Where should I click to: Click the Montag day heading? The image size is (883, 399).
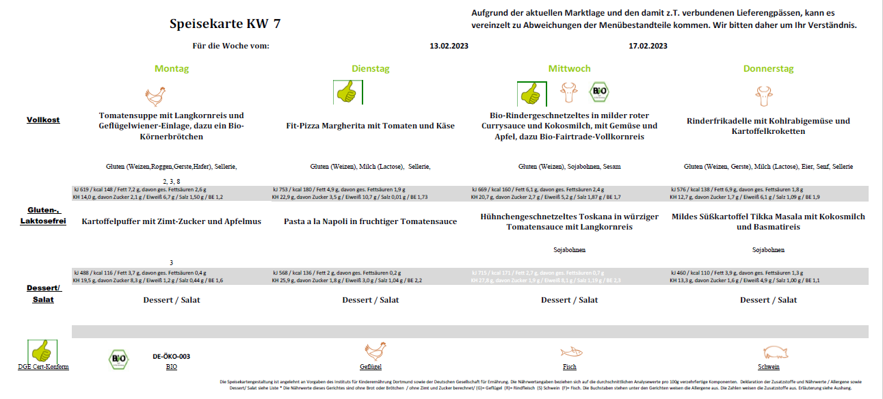point(172,69)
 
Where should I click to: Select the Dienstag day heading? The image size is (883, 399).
point(370,69)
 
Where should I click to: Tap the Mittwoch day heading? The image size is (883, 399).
point(569,69)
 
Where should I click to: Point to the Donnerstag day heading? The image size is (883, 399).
point(768,69)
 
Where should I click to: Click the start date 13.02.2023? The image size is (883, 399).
point(449,46)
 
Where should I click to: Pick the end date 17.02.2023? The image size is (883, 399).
point(648,46)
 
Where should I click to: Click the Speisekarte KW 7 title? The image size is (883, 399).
point(224,25)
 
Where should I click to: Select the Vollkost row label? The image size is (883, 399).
point(43,120)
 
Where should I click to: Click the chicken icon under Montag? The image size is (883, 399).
point(156,93)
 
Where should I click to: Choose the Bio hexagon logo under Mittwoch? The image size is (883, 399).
point(599,92)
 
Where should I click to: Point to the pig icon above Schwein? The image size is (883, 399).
point(774,352)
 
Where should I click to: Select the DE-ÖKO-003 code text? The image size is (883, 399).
point(171,357)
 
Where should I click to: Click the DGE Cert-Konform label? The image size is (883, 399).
point(43,367)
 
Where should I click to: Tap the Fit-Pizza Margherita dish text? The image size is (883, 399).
point(370,126)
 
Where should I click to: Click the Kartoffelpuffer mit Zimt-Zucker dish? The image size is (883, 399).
point(172,221)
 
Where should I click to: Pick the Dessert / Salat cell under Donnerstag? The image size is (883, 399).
point(768,300)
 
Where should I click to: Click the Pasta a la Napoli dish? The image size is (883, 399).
point(370,221)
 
